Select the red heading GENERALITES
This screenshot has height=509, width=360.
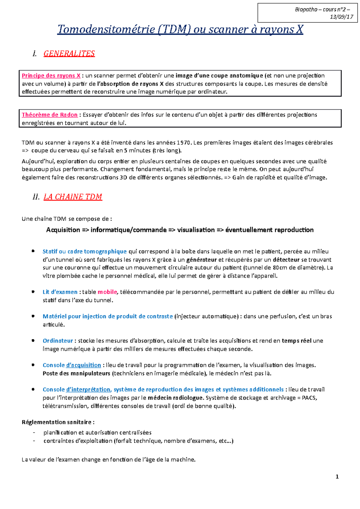[69, 54]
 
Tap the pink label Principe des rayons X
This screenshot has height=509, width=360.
[51, 76]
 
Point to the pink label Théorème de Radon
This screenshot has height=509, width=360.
[49, 115]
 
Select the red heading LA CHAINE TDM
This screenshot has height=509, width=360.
[73, 197]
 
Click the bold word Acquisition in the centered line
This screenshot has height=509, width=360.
[63, 230]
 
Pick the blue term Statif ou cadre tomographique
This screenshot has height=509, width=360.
[85, 252]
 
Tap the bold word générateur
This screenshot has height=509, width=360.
[201, 260]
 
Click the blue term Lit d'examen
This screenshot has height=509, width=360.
[60, 292]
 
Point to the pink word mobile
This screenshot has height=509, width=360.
[107, 292]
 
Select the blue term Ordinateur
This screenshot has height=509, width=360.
[58, 341]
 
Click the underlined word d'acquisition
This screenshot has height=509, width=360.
[83, 365]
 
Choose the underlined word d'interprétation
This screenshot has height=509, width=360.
[88, 390]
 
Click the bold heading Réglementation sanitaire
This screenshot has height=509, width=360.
[58, 422]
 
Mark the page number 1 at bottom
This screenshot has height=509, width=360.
[337, 477]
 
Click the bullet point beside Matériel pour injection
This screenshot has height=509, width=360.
[33, 316]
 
